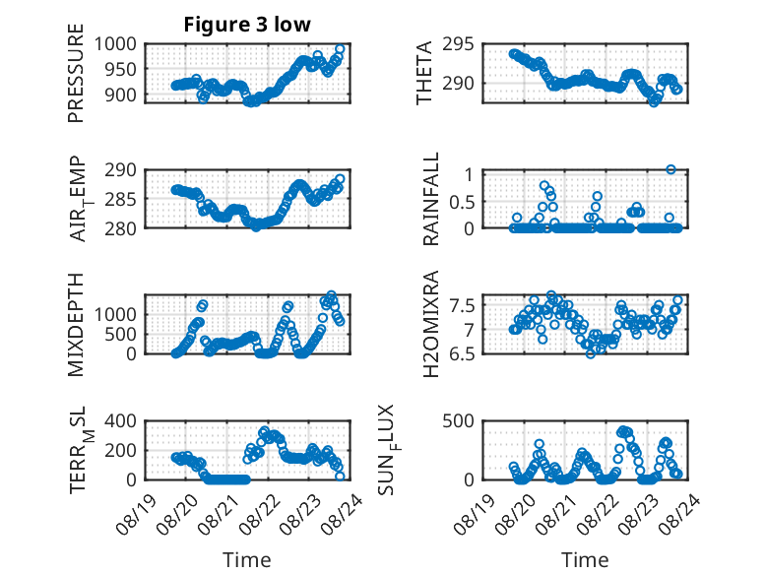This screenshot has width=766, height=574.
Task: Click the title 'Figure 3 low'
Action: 247,25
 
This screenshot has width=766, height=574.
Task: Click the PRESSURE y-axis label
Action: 76,73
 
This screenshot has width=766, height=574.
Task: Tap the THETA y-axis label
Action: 424,73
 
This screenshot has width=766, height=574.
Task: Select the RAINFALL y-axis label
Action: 431,199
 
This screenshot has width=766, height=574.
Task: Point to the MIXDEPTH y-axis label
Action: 76,325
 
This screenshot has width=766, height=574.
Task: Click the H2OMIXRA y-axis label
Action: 431,324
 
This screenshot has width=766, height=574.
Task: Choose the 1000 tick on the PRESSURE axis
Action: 115,44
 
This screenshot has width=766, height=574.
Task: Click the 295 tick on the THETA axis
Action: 458,44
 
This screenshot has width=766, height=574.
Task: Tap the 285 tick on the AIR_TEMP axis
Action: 121,199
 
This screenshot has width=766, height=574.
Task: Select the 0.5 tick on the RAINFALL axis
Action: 462,202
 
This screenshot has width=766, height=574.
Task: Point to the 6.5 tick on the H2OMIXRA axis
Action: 462,353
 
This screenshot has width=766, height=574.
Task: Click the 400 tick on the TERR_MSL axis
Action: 121,421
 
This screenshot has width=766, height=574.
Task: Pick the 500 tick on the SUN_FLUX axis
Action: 458,421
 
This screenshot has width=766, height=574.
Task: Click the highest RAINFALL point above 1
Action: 670,169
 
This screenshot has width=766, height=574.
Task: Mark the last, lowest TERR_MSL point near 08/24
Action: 340,477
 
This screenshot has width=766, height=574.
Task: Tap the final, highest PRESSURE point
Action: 340,49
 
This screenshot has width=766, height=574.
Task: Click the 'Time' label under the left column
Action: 247,560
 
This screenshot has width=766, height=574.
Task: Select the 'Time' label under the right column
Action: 585,560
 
